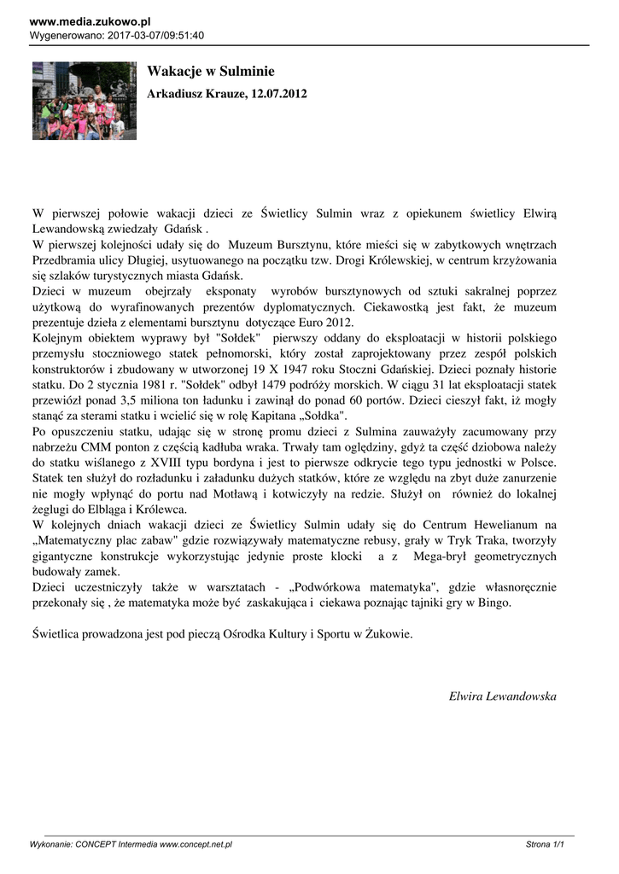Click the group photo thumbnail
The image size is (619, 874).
[x=85, y=101]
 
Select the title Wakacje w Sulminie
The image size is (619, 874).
[x=210, y=72]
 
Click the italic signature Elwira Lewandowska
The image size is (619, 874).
[x=502, y=696]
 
